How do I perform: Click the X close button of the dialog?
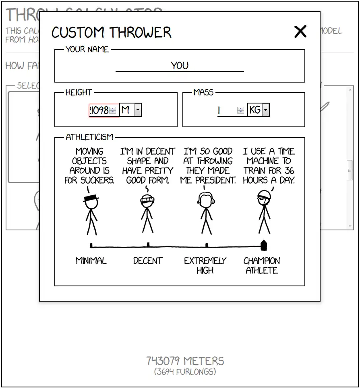300,31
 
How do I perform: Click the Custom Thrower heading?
112,32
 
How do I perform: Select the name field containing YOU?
180,66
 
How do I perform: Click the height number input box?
99,110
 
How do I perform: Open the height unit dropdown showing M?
131,110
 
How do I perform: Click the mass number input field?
227,110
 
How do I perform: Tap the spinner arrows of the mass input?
240,110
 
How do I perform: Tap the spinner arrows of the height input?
113,110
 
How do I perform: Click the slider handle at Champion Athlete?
264,245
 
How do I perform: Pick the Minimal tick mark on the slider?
91,245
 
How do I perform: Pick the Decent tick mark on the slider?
148,244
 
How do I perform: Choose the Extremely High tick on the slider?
207,244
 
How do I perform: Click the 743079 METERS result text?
185,361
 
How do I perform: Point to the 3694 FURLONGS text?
185,372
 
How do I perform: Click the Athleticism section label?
89,137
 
